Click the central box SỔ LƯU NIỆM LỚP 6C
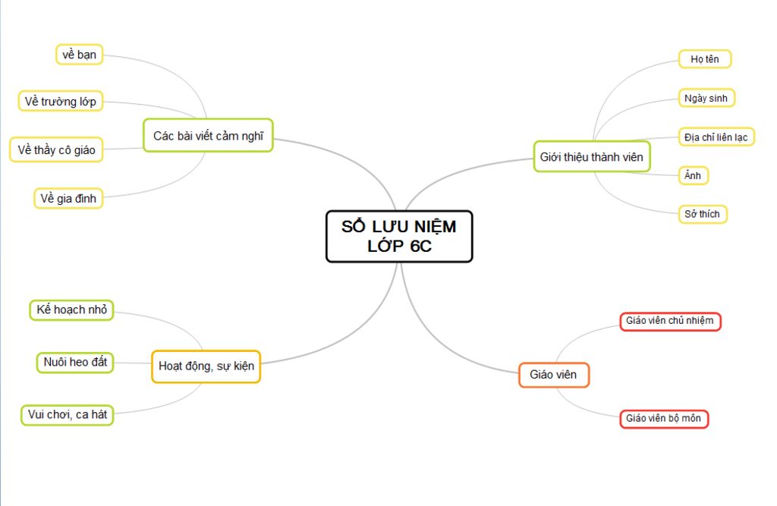[x=399, y=237]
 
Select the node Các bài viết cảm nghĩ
[x=208, y=135]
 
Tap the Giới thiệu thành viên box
[x=592, y=156]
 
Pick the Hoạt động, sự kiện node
[x=206, y=366]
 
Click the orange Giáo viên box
[x=553, y=375]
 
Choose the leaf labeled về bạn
[x=79, y=55]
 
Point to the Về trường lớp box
[x=61, y=101]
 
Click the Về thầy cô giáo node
[x=56, y=149]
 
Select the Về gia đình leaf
[x=68, y=198]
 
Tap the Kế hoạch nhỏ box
[x=71, y=310]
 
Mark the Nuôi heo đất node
[x=75, y=363]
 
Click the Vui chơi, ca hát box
[x=68, y=415]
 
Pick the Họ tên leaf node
[x=705, y=59]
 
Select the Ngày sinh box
[x=706, y=98]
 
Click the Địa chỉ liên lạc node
[x=716, y=137]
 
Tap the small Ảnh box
[x=693, y=175]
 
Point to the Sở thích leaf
[x=702, y=214]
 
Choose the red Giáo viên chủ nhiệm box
[x=670, y=321]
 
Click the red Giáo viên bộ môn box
[x=663, y=418]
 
